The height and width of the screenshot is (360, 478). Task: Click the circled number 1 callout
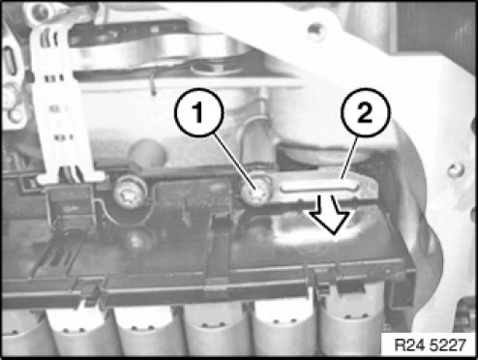(x=198, y=112)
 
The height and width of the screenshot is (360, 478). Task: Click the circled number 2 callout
(x=366, y=112)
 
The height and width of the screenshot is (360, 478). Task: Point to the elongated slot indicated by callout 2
(x=320, y=187)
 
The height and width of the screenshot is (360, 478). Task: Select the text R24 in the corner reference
(x=407, y=345)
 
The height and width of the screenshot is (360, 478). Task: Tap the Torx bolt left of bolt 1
(x=131, y=193)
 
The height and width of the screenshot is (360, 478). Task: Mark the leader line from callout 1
(x=235, y=162)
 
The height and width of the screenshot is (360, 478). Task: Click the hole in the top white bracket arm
(x=314, y=32)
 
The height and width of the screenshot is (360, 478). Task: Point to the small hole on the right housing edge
(x=456, y=169)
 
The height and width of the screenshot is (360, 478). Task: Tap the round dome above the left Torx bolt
(x=148, y=153)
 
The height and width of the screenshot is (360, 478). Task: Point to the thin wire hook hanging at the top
(x=153, y=84)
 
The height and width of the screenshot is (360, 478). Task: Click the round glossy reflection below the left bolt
(x=139, y=238)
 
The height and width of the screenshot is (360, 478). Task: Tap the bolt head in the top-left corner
(x=41, y=12)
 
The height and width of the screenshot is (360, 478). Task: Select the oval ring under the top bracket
(x=211, y=68)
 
